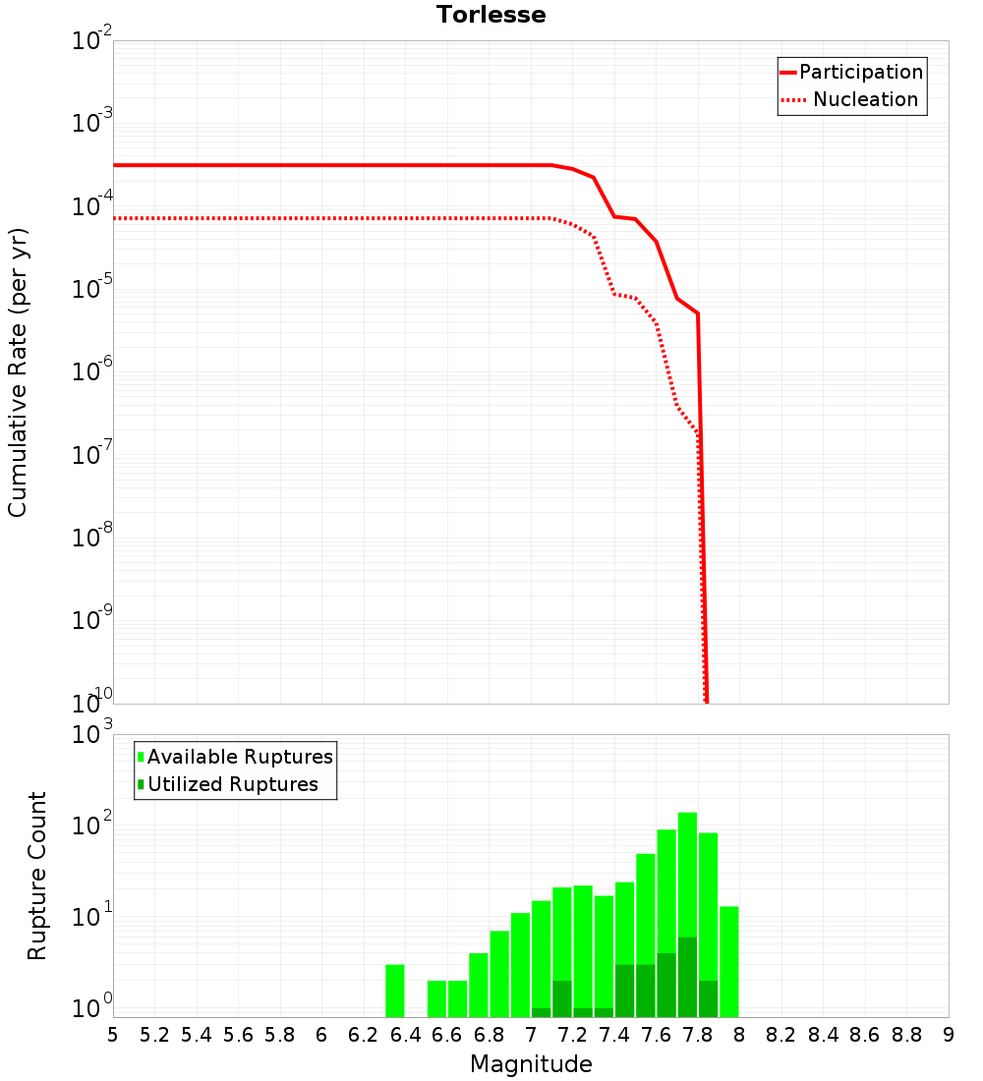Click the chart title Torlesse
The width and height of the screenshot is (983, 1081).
[x=491, y=15]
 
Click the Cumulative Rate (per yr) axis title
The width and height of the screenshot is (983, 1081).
[x=18, y=372]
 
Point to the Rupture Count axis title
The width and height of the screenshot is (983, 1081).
[x=37, y=875]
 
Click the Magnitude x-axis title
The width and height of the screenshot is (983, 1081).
[x=531, y=1064]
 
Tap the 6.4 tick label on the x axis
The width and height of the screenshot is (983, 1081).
[x=405, y=1035]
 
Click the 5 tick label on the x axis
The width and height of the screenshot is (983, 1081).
[x=113, y=1035]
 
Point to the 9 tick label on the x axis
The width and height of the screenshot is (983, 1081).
[x=949, y=1035]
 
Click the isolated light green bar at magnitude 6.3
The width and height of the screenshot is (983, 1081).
[x=394, y=991]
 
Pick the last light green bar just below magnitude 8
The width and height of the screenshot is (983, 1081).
[x=728, y=961]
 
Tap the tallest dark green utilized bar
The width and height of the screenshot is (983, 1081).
[x=687, y=977]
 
